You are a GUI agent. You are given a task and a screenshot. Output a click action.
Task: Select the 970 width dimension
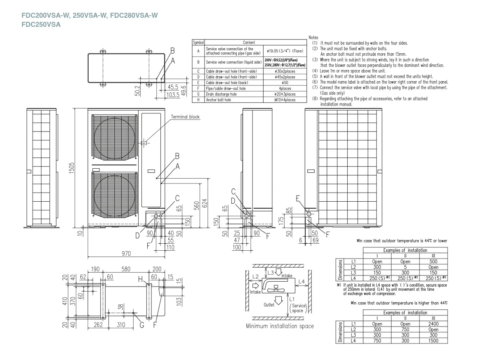coord(126,253)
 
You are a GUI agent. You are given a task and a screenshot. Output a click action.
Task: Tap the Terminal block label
coord(185,117)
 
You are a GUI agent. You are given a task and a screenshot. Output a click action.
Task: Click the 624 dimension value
coord(205,204)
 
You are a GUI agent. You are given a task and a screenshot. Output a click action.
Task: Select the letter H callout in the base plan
coord(141,280)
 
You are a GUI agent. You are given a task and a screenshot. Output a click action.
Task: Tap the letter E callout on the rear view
coord(298,198)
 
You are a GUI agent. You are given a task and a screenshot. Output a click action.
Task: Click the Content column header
coord(249,42)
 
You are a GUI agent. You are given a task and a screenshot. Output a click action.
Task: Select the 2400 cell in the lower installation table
coord(433,324)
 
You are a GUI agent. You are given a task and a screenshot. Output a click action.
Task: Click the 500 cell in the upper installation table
coord(433,261)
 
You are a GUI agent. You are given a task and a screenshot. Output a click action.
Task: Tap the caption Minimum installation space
coord(279,326)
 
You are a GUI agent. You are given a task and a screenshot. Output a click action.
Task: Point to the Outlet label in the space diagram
coord(269,306)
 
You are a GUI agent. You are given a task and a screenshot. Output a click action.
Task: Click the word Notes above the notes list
coord(313,38)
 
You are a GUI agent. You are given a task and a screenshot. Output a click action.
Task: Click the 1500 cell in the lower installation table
coord(433,340)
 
